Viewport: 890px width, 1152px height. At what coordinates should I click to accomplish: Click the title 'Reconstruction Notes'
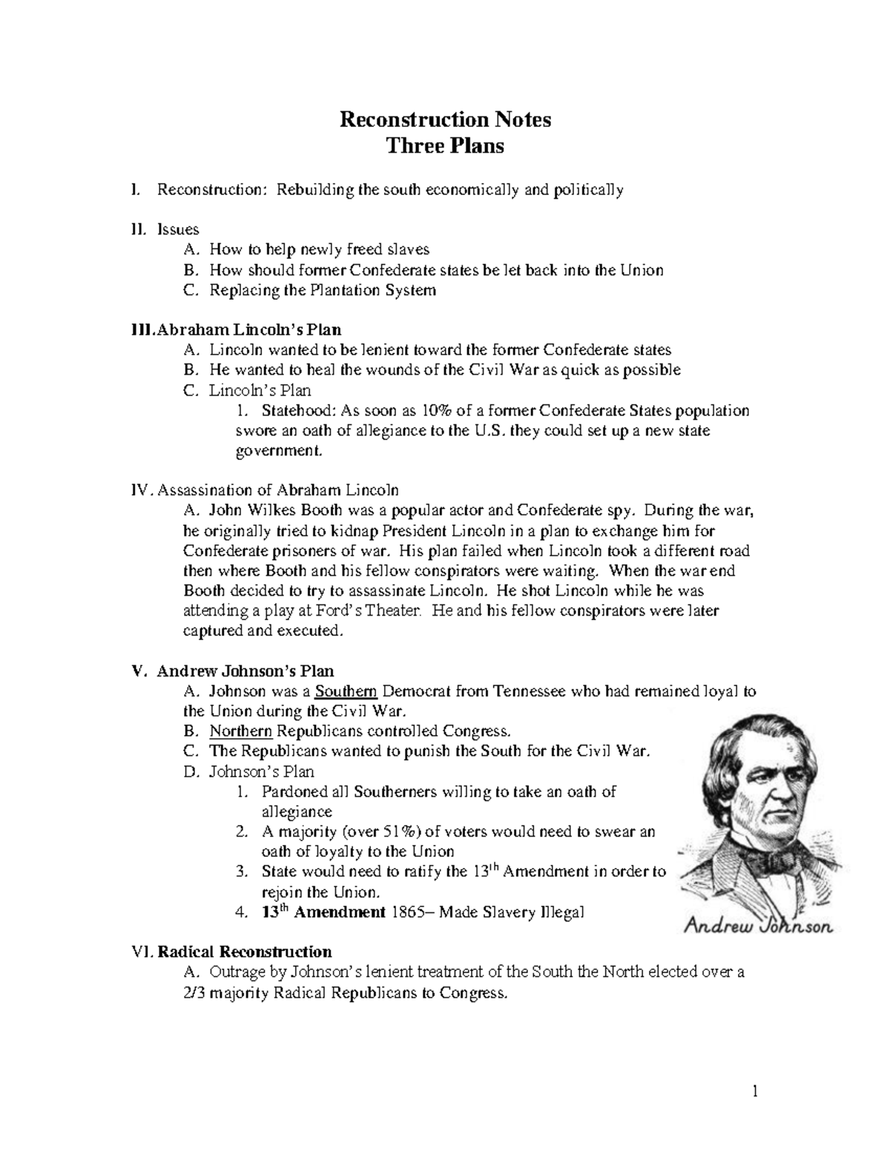(445, 119)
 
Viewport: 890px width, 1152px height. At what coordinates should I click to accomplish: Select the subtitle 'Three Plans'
(445, 146)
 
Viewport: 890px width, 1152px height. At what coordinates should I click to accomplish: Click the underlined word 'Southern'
(346, 692)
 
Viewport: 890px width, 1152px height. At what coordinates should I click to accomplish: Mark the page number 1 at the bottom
(755, 1090)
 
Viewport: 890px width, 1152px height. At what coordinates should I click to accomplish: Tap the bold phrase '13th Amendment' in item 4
(324, 912)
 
